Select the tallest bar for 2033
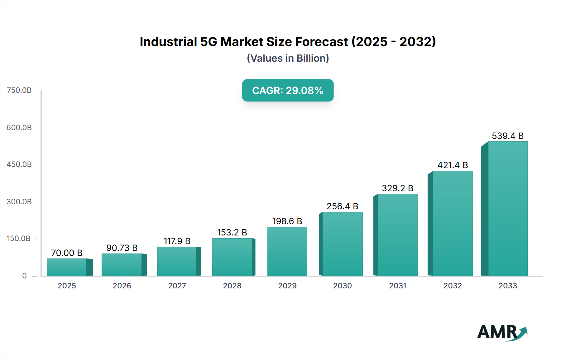507,209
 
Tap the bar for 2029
287,251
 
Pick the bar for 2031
397,235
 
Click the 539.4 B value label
507,136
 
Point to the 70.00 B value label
67,253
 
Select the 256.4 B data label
342,206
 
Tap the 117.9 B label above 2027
177,241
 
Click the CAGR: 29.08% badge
288,90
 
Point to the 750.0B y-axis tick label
19,90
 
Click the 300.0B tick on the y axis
19,202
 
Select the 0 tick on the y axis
24,276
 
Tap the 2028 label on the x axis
232,286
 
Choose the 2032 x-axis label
453,286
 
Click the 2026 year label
122,286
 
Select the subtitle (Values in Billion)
288,58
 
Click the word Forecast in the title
321,42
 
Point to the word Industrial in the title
168,42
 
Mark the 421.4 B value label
453,165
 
